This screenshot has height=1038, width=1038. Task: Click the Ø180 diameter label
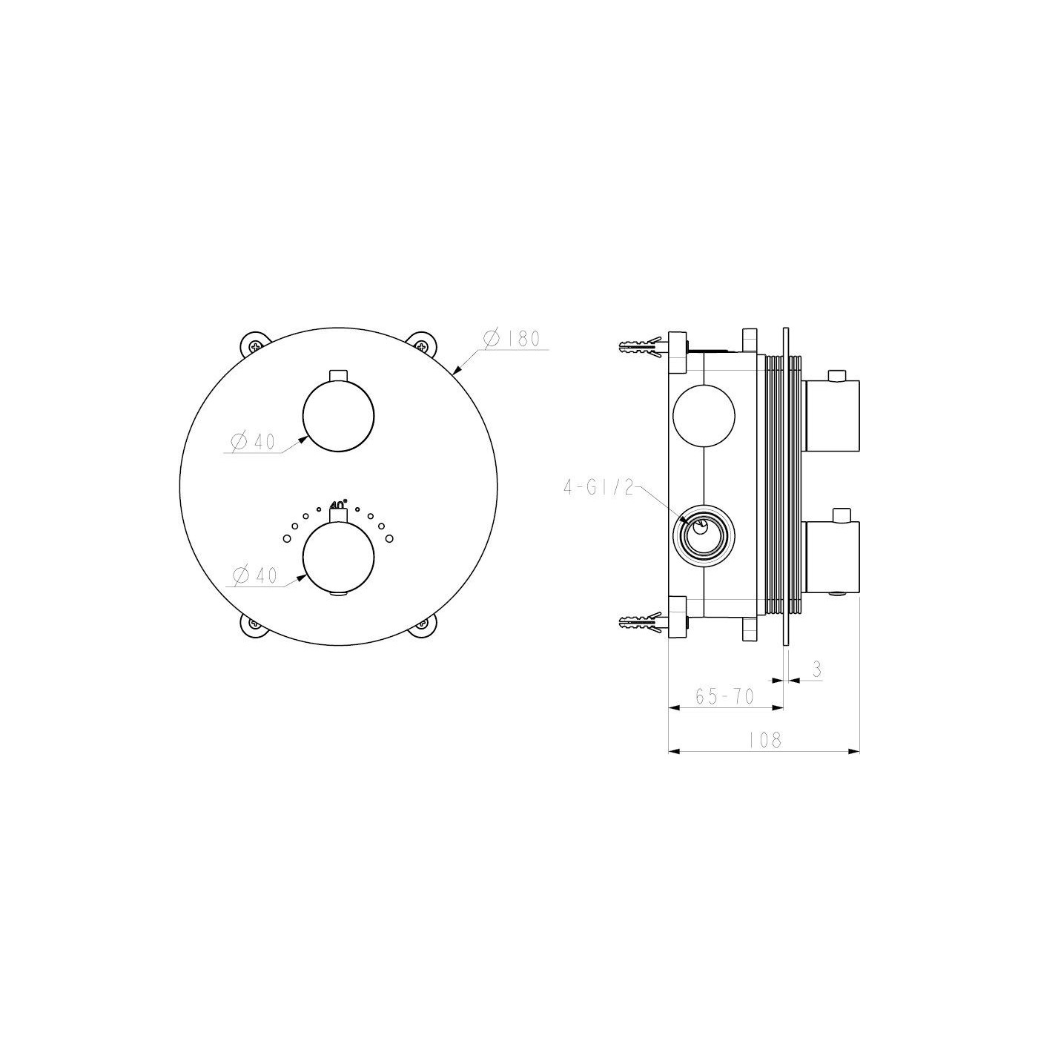coord(511,339)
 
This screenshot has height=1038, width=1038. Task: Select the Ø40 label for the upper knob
coord(253,442)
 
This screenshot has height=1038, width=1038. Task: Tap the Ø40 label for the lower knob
coord(255,576)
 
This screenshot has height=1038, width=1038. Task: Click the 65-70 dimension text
coord(724,696)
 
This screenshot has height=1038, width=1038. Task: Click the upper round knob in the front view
coord(338,415)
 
